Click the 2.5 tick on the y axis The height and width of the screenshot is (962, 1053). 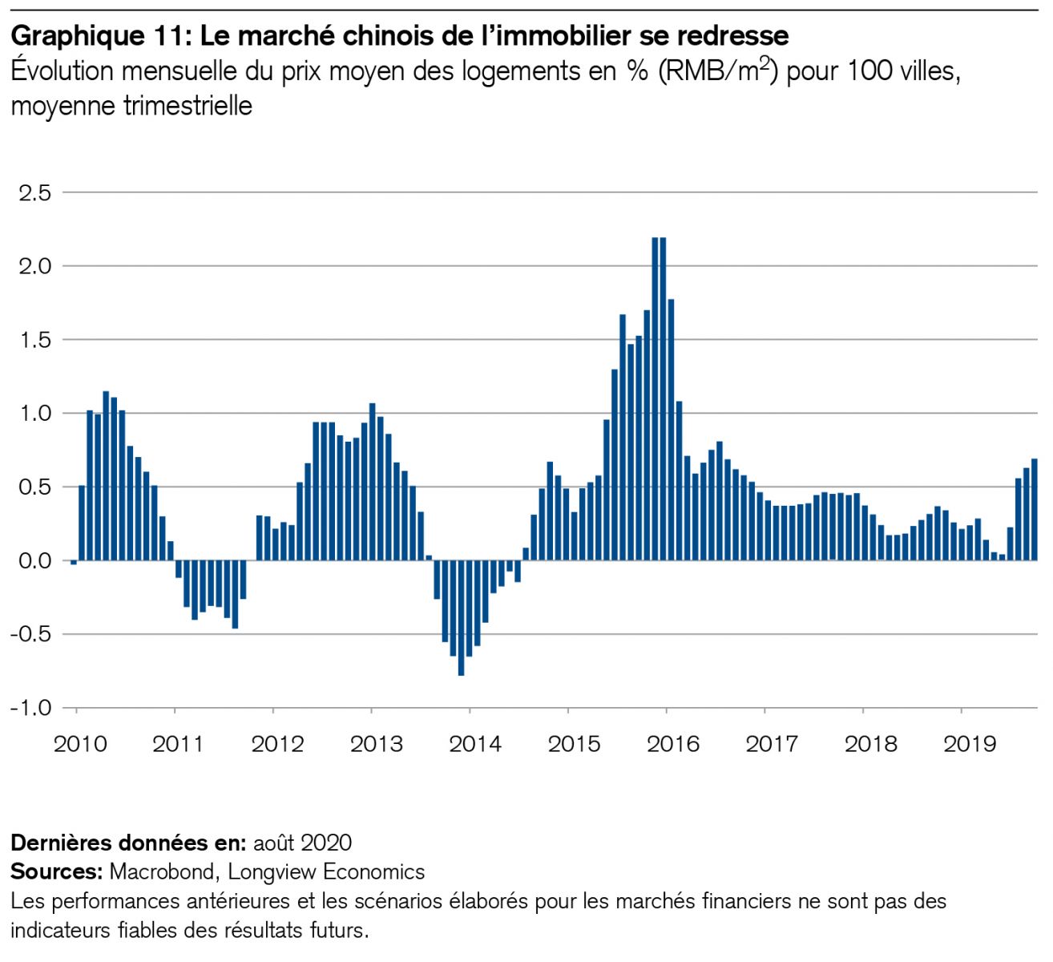34,193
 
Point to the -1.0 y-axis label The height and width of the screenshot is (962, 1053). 30,708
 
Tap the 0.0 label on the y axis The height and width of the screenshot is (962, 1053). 34,560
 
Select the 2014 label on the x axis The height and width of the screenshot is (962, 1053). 475,744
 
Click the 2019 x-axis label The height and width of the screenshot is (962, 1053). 970,744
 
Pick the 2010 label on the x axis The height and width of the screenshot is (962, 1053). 80,744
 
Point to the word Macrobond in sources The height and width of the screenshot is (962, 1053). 162,871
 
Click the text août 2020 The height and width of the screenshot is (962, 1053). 302,843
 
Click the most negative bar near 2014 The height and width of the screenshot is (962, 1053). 461,617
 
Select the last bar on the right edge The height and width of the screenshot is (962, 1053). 1034,509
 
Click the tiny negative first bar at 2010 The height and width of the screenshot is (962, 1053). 74,563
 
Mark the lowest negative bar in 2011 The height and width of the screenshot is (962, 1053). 235,594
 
